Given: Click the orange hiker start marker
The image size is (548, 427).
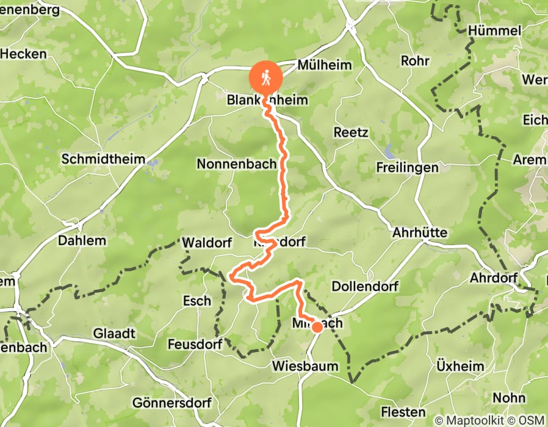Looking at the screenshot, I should tap(265, 78).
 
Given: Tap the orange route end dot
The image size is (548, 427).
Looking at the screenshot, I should tap(317, 327).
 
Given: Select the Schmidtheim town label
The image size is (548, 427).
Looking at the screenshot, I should tap(103, 160).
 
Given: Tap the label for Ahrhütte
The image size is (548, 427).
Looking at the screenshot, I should tap(420, 233).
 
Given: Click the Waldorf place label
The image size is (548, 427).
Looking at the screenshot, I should tap(207, 243).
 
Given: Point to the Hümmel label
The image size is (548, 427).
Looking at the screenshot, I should tap(495, 30).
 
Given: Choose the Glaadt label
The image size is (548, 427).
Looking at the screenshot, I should tap(114, 334).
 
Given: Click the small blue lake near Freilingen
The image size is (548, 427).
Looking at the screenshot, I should tap(388, 149).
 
